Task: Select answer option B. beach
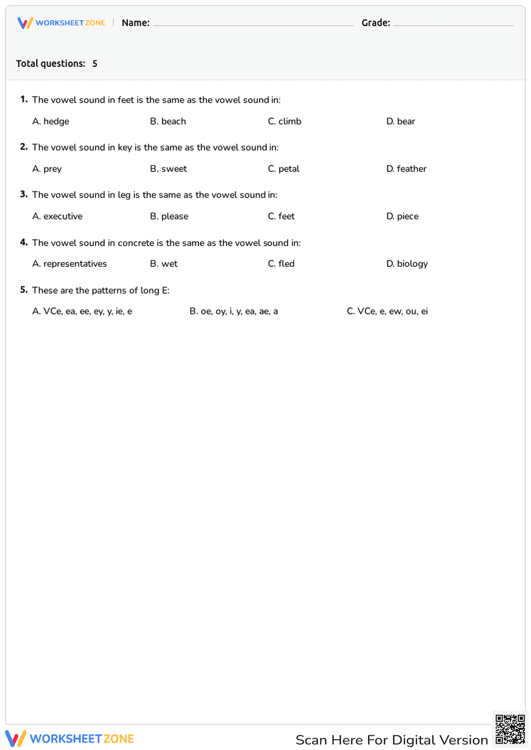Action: pos(168,121)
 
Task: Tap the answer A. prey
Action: pos(47,169)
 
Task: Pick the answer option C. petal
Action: pos(284,169)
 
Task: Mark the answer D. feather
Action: pos(406,169)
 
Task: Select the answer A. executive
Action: pos(57,216)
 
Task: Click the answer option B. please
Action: pos(169,216)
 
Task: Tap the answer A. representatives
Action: pos(70,264)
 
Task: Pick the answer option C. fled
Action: pos(281,264)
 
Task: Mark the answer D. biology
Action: pos(407,264)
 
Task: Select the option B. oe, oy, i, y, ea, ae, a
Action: pos(234,311)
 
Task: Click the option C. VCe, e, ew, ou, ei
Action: pos(387,311)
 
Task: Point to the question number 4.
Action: pos(23,242)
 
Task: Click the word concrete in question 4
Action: pos(136,243)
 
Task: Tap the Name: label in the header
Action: pos(135,23)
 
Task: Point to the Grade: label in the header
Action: pos(375,23)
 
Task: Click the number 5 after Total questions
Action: pos(95,64)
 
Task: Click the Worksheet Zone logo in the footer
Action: pos(70,739)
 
